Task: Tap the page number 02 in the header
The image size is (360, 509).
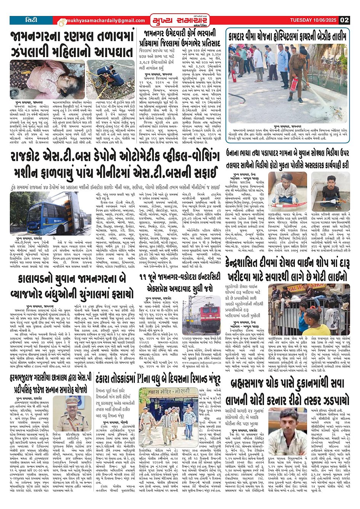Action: [x=344, y=20]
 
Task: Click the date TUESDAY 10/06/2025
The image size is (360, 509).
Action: [x=314, y=20]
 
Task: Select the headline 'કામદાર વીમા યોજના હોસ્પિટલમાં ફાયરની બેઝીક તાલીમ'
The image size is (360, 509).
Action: [x=288, y=37]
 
